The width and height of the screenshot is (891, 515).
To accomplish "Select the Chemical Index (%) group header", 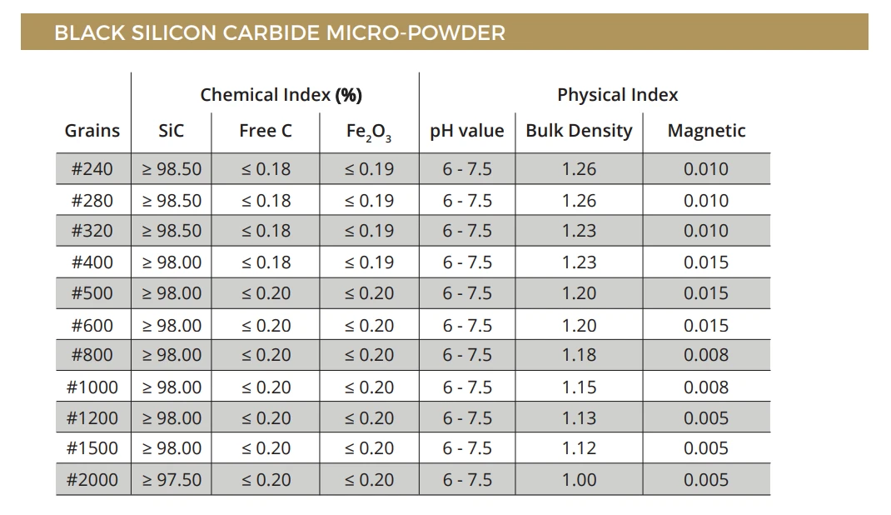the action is tap(281, 94).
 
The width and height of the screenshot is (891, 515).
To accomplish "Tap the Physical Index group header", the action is tap(617, 94).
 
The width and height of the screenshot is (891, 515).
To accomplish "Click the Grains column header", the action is tap(92, 131).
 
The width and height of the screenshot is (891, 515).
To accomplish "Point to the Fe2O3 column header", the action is tap(369, 132).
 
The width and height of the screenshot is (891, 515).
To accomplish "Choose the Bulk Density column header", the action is tap(579, 131).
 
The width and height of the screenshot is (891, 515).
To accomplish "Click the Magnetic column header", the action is tap(706, 131).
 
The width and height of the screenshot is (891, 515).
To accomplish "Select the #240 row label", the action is tap(92, 169).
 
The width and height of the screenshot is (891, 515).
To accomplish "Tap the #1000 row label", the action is tap(92, 387).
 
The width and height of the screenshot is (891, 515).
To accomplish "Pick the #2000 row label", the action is tap(92, 480).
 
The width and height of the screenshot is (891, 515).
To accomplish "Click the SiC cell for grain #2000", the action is tap(172, 480).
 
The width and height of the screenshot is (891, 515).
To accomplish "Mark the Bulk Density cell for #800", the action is tap(579, 355).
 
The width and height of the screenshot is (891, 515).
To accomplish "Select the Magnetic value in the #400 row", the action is tap(706, 262).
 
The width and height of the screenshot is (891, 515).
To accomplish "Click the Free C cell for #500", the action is tap(266, 293).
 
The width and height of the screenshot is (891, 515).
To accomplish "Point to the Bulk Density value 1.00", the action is tap(579, 480).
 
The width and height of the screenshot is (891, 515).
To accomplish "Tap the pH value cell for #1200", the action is tap(467, 417).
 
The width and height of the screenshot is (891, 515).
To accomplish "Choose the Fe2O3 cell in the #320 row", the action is tap(369, 231).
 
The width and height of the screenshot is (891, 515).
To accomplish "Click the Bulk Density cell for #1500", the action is tap(579, 448).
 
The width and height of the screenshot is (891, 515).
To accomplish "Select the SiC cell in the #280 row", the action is tap(172, 201).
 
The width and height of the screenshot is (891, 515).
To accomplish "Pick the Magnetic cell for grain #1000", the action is tap(706, 387).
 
